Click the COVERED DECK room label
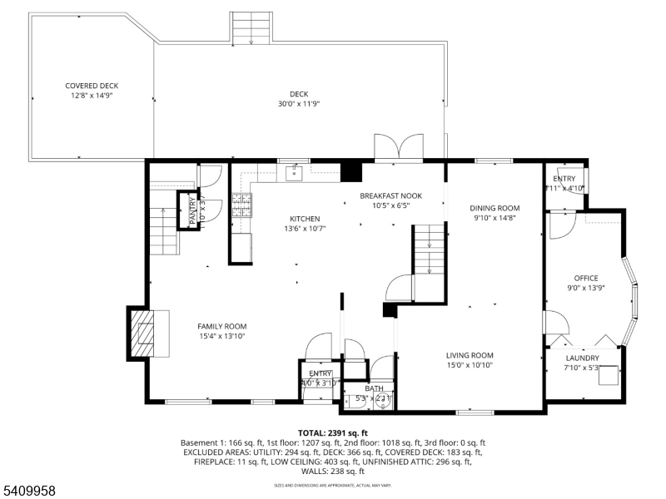[92, 86]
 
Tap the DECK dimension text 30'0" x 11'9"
[299, 104]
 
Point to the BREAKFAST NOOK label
[390, 195]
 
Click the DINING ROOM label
[495, 208]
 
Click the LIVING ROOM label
[470, 355]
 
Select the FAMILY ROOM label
[221, 326]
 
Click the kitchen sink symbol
[294, 173]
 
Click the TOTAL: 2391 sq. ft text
[333, 433]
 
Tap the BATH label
[374, 388]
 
